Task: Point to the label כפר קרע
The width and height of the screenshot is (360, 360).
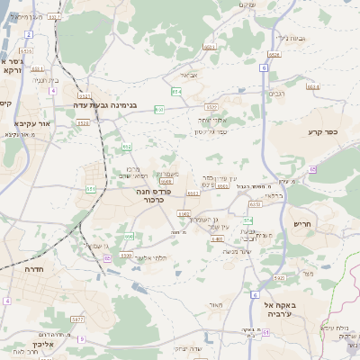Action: click(319, 130)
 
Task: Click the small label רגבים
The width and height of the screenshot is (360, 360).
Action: click(276, 92)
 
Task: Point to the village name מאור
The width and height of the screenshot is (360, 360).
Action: click(214, 306)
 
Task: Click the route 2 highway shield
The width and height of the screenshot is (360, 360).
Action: click(29, 34)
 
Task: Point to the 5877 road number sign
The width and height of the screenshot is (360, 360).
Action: click(77, 319)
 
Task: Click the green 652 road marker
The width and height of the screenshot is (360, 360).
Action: click(127, 146)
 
